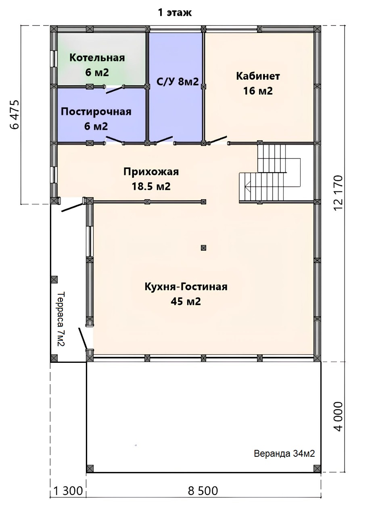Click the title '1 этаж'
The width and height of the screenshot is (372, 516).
(175, 12)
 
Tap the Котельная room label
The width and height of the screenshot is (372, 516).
(97, 58)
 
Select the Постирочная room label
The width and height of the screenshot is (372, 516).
(96, 112)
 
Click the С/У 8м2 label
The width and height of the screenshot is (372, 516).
(178, 81)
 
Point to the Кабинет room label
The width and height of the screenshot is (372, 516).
(258, 76)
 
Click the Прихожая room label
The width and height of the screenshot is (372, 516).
(151, 172)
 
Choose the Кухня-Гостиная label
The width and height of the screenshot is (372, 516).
(186, 287)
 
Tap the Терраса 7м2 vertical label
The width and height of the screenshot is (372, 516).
(61, 319)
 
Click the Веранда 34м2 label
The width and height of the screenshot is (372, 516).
(284, 454)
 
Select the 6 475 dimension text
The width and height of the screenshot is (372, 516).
(15, 114)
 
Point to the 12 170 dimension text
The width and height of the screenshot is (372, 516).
(338, 193)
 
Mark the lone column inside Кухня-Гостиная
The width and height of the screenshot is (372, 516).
(203, 248)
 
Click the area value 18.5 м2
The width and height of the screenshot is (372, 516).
(151, 186)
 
